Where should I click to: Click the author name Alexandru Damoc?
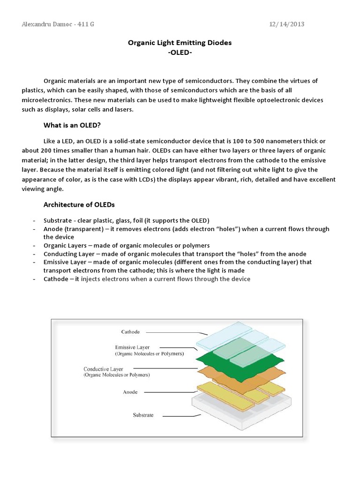[46, 24]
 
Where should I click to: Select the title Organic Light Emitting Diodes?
[180, 43]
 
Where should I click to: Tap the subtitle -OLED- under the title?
[180, 52]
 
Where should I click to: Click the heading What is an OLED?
[72, 125]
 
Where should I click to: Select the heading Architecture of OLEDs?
[79, 205]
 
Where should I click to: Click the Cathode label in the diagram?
[130, 332]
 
